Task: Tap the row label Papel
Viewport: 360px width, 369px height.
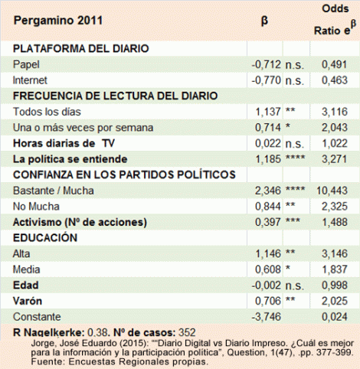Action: pyautogui.click(x=28, y=64)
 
